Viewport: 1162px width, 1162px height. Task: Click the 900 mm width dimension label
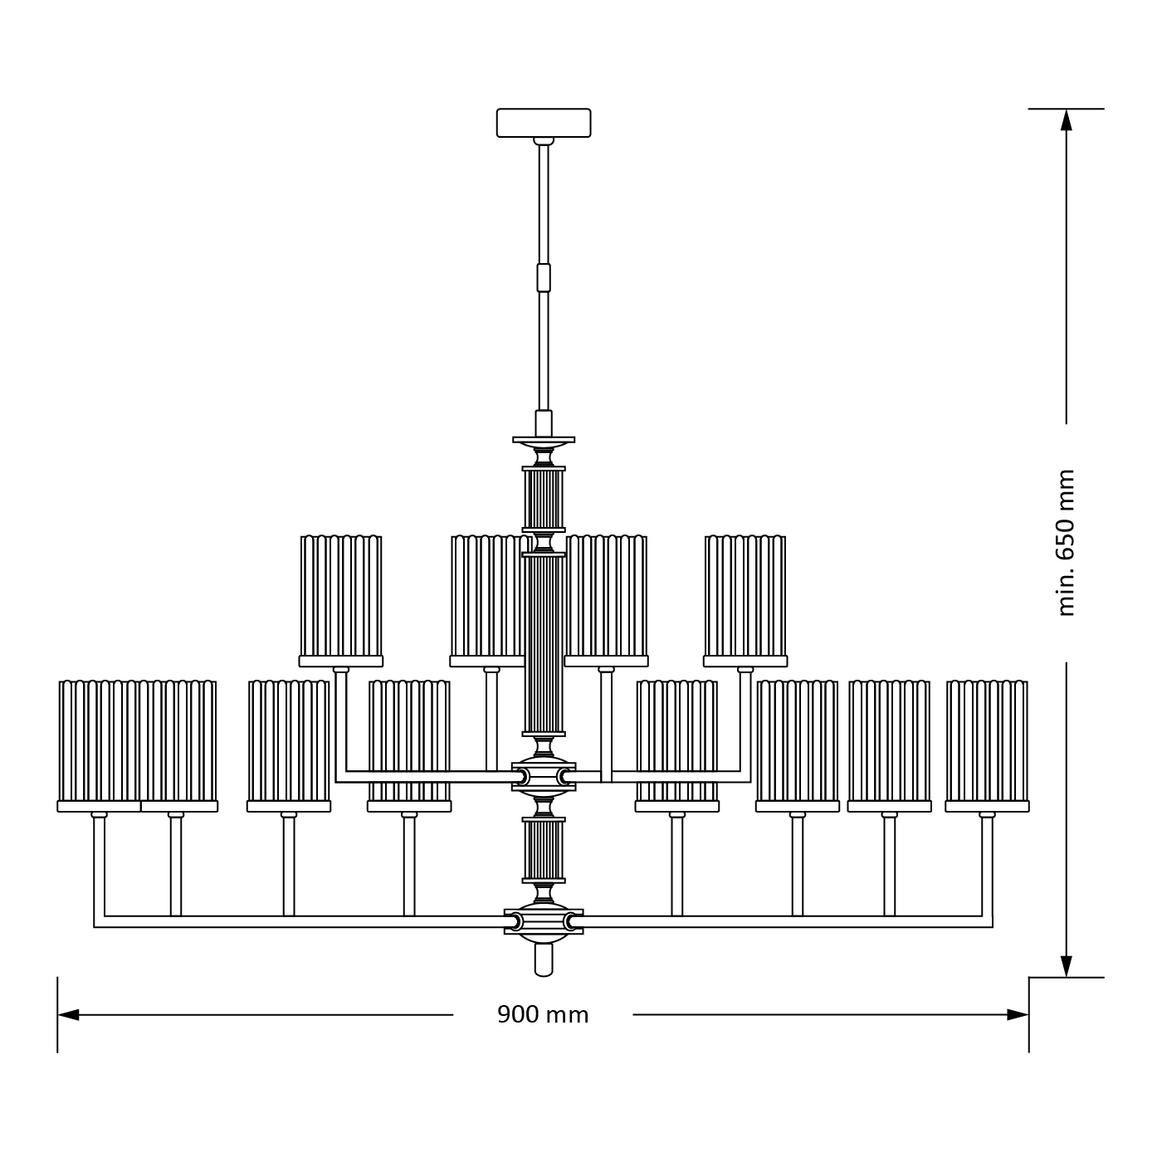tap(543, 1014)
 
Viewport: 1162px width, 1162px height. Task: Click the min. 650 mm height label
tap(1067, 543)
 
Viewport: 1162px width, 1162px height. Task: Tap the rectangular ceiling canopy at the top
tap(544, 123)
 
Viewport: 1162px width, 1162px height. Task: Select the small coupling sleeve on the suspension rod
tap(544, 277)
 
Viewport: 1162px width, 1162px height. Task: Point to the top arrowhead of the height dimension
tap(1067, 120)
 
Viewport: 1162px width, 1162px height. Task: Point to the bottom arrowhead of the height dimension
tap(1067, 966)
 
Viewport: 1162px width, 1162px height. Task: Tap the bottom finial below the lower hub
tap(544, 960)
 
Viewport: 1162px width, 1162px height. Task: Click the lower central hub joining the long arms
tap(544, 921)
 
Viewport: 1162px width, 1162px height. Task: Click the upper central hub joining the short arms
tap(544, 777)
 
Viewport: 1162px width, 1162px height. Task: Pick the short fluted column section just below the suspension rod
tap(544, 499)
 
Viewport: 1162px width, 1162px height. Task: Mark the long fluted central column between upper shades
tap(544, 643)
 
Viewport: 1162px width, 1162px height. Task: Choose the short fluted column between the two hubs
tap(544, 850)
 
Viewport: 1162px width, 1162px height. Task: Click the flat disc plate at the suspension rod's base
tap(544, 439)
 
